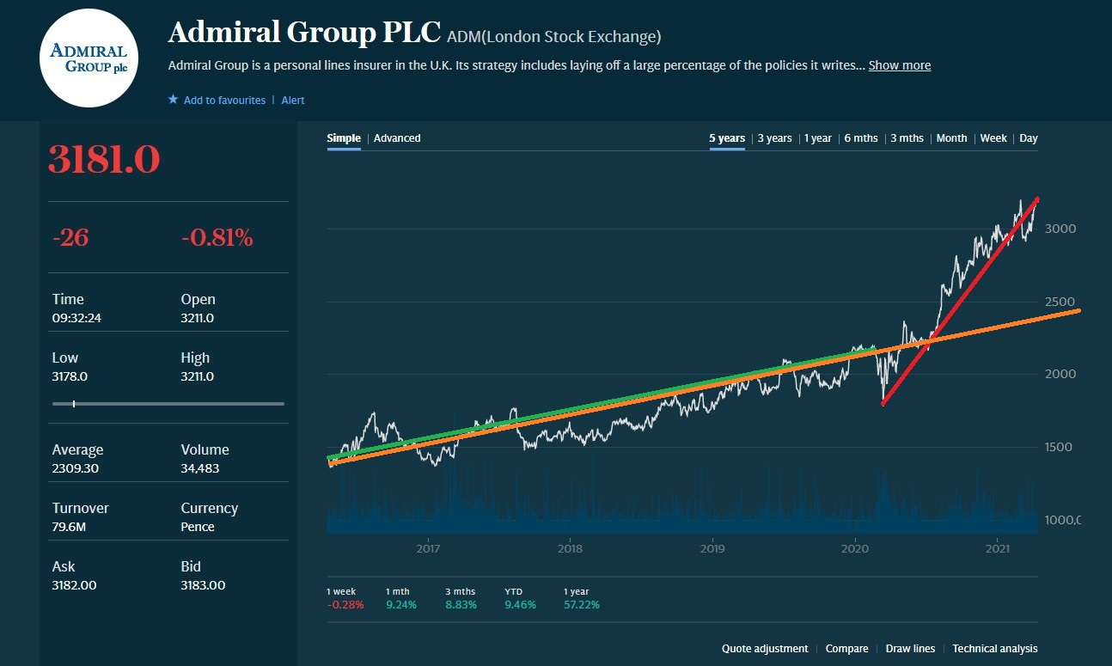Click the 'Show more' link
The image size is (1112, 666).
coord(899,65)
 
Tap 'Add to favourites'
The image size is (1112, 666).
coord(223,101)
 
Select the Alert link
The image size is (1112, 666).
coord(293,101)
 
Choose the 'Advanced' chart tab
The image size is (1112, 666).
coord(397,138)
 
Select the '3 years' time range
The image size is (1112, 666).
coord(774,138)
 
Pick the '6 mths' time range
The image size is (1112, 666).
coord(860,138)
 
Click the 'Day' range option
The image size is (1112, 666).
coord(1028,138)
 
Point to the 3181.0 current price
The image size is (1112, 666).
coord(104,161)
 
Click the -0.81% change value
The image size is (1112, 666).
coord(217,238)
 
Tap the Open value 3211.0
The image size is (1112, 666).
coord(197,318)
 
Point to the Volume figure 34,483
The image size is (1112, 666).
coord(199,468)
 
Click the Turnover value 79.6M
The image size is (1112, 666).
coord(69,527)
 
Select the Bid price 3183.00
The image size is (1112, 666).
coord(203,585)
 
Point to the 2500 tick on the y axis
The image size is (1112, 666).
coord(1060,302)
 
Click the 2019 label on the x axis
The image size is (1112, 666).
coord(712,548)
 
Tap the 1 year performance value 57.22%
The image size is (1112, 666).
coord(581,605)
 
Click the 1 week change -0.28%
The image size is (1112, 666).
coord(345,605)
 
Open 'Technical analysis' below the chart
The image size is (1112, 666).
coord(994,649)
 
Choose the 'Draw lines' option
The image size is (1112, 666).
coord(910,649)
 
